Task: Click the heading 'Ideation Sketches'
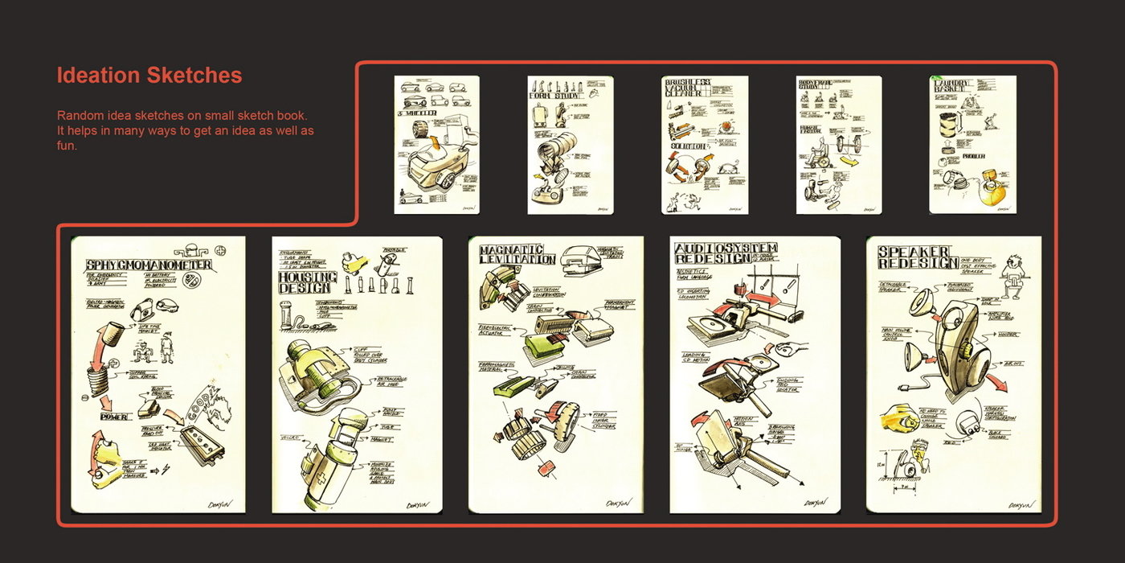(x=149, y=76)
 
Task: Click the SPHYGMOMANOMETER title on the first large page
(x=149, y=265)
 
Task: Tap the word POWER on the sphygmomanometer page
(x=114, y=417)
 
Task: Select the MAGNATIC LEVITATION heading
(x=516, y=255)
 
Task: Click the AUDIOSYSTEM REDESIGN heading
(x=726, y=254)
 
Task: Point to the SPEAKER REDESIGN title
(x=914, y=257)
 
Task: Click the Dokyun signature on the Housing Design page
(x=418, y=505)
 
